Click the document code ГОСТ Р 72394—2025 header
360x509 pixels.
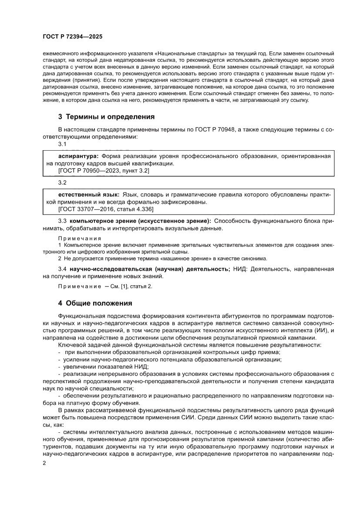(x=72, y=37)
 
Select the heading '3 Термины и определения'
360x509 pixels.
(x=106, y=117)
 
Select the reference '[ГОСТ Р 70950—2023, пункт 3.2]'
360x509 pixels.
(x=104, y=171)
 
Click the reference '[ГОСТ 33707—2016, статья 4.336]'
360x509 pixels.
(x=106, y=209)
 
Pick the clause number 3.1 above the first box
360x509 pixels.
(x=62, y=144)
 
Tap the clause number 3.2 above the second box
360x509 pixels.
(x=62, y=182)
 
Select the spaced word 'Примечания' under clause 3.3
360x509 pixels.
(x=80, y=238)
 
